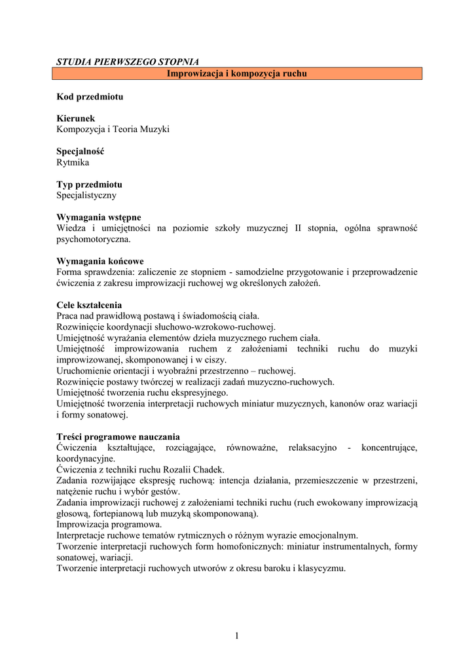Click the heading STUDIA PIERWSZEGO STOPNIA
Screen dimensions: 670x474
point(128,62)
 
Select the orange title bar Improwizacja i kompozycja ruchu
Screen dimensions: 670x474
point(237,74)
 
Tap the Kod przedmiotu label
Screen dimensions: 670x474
point(90,97)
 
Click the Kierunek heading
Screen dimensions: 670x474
point(76,118)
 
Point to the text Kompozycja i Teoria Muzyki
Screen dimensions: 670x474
point(113,130)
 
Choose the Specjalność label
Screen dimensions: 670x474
point(81,151)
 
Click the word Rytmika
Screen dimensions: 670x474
point(73,162)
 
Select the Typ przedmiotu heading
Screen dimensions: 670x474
point(89,185)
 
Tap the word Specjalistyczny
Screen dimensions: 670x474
point(87,195)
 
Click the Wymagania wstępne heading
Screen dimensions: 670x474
point(99,217)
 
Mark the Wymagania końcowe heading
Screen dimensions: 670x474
point(100,261)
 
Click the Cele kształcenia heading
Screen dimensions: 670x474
point(89,305)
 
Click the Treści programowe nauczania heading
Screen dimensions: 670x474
point(119,437)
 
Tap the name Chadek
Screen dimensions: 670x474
point(210,470)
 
